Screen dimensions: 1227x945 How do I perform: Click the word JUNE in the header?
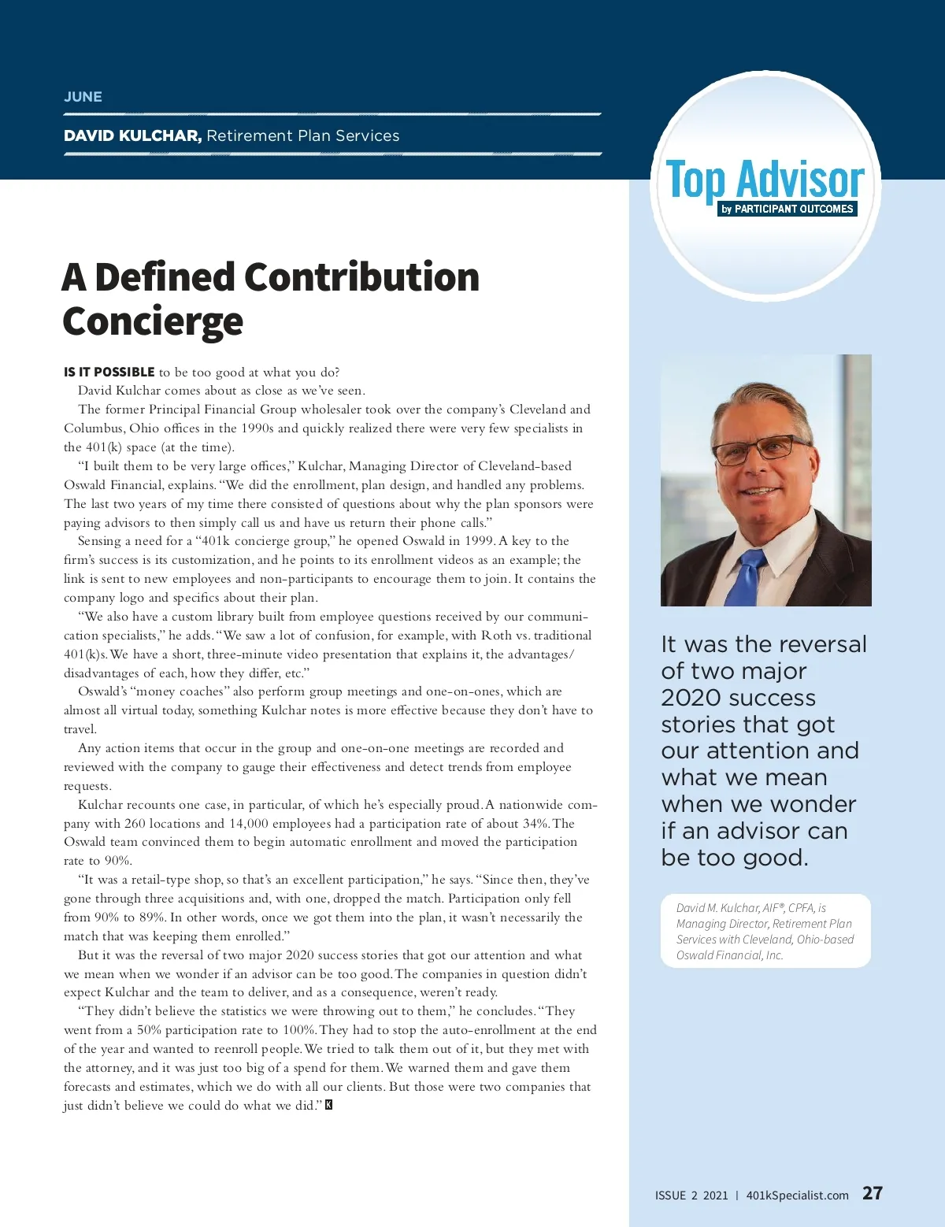83,97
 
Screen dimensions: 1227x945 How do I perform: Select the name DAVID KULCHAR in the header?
132,135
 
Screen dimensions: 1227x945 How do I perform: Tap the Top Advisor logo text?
765,180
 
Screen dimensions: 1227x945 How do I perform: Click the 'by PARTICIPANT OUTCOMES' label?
787,209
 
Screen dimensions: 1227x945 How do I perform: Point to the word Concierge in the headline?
153,321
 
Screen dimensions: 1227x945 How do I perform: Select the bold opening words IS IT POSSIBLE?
109,373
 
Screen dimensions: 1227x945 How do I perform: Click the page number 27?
873,1193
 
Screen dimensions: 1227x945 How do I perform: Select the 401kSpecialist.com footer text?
797,1195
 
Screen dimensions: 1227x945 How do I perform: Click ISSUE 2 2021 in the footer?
691,1195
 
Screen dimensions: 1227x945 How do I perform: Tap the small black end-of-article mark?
329,1105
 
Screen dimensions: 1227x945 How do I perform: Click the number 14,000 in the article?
248,824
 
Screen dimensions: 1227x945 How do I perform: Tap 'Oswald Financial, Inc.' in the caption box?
729,955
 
